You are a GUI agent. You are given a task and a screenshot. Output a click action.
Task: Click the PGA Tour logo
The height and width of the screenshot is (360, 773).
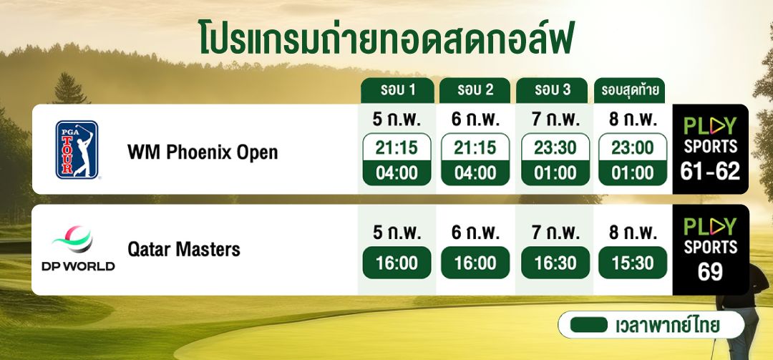pos(77,150)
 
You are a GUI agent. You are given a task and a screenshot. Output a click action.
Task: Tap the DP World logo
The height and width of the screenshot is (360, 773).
pos(78,248)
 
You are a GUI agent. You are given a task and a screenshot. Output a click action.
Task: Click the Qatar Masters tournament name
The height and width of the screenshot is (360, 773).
pos(184,250)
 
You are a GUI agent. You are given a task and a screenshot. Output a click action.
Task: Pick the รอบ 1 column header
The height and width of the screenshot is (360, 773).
pos(397,90)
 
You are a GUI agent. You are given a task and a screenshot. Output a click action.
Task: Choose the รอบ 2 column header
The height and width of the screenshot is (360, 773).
pos(475,90)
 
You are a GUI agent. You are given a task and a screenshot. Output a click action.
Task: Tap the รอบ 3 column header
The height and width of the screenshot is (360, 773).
pos(552,90)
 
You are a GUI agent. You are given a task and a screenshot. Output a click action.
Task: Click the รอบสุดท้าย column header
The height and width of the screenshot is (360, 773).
pos(630,90)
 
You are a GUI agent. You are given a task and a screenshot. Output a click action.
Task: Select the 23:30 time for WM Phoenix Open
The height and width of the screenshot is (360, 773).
pos(555,147)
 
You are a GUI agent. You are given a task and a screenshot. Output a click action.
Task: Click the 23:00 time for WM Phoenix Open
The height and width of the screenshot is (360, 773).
pos(633,147)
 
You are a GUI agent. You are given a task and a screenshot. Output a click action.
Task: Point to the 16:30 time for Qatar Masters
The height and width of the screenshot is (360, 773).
pos(555,263)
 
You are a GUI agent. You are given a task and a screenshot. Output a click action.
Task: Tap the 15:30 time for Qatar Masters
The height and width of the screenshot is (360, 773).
pos(633,263)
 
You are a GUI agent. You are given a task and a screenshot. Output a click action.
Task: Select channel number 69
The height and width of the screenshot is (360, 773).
pos(710,272)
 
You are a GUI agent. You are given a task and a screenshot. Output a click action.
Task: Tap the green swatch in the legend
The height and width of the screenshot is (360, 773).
pos(588,325)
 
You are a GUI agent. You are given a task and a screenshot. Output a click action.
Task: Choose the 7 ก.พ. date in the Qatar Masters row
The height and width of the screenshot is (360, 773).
pos(555,232)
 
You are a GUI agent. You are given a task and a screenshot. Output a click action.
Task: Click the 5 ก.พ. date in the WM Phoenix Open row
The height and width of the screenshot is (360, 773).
pos(397,119)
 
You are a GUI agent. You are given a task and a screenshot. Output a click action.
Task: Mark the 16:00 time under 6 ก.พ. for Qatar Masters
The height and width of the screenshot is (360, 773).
pos(475,263)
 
